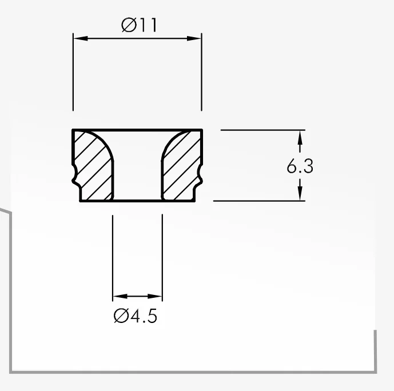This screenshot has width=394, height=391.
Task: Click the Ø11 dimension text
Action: (139, 25)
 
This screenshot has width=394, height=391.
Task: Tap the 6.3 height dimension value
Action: (300, 166)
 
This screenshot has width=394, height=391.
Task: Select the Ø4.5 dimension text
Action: (136, 316)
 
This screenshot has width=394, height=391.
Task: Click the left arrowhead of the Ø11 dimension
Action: (81, 38)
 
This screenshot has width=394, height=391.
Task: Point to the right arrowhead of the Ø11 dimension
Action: (194, 38)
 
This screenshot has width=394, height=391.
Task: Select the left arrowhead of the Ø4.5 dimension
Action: (120, 296)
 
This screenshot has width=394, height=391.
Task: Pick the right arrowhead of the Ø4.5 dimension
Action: (155, 296)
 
